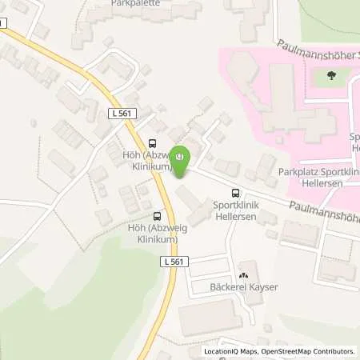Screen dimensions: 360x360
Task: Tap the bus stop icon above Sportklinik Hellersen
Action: click(235, 192)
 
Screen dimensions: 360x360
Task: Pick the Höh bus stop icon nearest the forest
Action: click(157, 216)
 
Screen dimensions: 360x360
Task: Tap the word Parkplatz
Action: click(297, 171)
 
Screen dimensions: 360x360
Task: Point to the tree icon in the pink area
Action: click(330, 77)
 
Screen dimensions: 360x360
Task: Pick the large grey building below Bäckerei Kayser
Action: click(210, 317)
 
